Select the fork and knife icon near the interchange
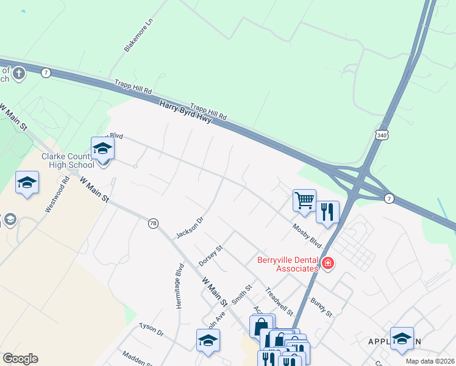point(327,212)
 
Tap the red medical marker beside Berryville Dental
point(328,264)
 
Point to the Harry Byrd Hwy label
point(185,112)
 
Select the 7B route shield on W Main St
point(153,223)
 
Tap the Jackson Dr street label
point(189,227)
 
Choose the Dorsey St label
point(212,256)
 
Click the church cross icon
point(18,74)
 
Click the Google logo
point(20,359)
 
